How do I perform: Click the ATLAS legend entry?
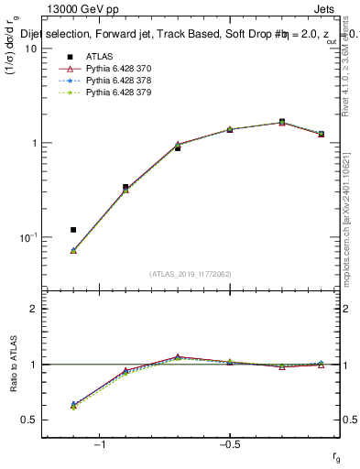[95, 56]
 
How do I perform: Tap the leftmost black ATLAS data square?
[73, 229]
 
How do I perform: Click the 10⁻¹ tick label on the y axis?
[28, 237]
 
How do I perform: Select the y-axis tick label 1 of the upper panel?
[34, 143]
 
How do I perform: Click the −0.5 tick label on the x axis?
[229, 446]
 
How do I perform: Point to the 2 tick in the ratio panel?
[34, 309]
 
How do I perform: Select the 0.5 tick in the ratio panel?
[30, 420]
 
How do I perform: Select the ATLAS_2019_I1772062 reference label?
[190, 274]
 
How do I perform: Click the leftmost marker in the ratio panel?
[73, 404]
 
